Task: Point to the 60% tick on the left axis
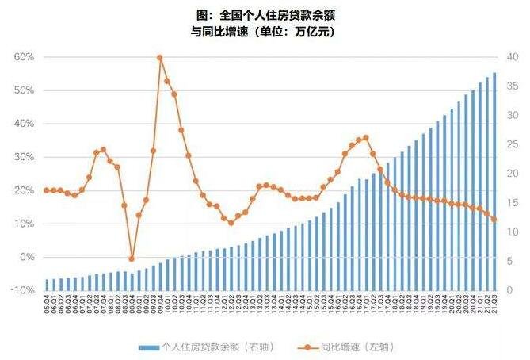click(x=23, y=57)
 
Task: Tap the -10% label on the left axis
click(x=21, y=290)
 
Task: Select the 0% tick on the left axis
click(x=25, y=257)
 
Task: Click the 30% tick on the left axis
click(x=23, y=157)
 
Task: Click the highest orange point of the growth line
click(x=160, y=58)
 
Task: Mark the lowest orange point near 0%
click(x=132, y=259)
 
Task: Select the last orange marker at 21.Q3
click(x=494, y=220)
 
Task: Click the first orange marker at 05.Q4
click(x=47, y=190)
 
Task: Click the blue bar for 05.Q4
click(x=47, y=285)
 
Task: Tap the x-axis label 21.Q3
click(x=494, y=305)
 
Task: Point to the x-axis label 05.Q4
click(x=47, y=305)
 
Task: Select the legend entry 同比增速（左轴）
click(x=355, y=347)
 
